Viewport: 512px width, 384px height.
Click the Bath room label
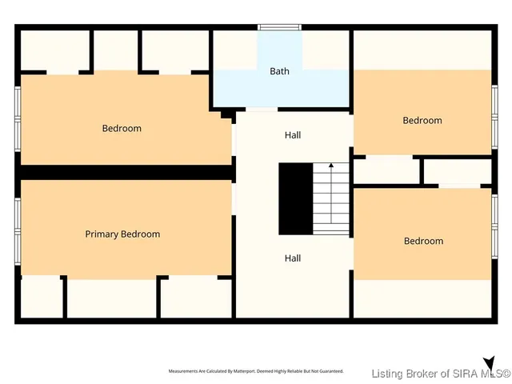point(279,71)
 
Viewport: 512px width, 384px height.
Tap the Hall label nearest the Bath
point(293,135)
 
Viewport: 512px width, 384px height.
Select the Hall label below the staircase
point(293,258)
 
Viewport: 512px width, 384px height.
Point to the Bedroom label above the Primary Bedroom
point(122,128)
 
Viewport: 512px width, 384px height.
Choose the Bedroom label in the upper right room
point(422,120)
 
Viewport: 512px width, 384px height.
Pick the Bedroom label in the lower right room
point(423,241)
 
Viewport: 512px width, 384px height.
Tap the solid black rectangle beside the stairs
point(294,198)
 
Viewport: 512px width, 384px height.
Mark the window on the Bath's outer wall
point(279,28)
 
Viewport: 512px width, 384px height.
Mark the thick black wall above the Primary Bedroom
point(124,172)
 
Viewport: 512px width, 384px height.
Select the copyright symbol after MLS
point(506,373)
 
